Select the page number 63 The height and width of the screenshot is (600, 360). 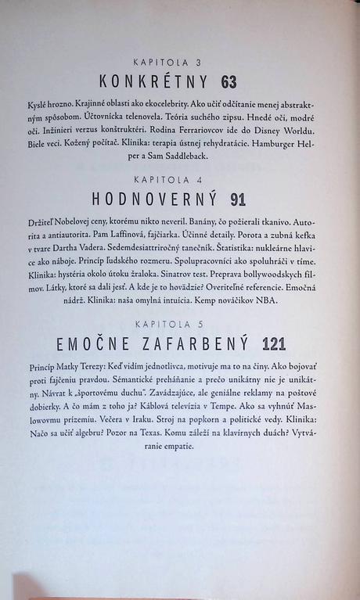pyautogui.click(x=229, y=81)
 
